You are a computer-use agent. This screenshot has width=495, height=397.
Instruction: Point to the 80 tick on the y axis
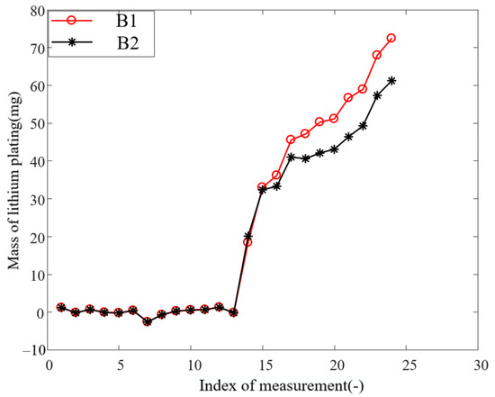[36, 11]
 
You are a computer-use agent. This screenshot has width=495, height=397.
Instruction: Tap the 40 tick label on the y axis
[36, 161]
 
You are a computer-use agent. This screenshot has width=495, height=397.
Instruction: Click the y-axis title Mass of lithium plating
[13, 180]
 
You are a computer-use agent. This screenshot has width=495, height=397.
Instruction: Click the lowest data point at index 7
[148, 321]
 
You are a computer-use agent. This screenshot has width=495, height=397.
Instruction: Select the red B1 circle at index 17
[291, 140]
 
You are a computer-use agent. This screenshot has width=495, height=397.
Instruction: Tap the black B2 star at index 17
[291, 157]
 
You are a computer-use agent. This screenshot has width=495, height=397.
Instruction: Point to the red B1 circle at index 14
[247, 242]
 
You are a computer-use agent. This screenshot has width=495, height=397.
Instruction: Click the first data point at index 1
[61, 307]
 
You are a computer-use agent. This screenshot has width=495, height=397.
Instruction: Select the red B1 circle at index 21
[348, 97]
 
